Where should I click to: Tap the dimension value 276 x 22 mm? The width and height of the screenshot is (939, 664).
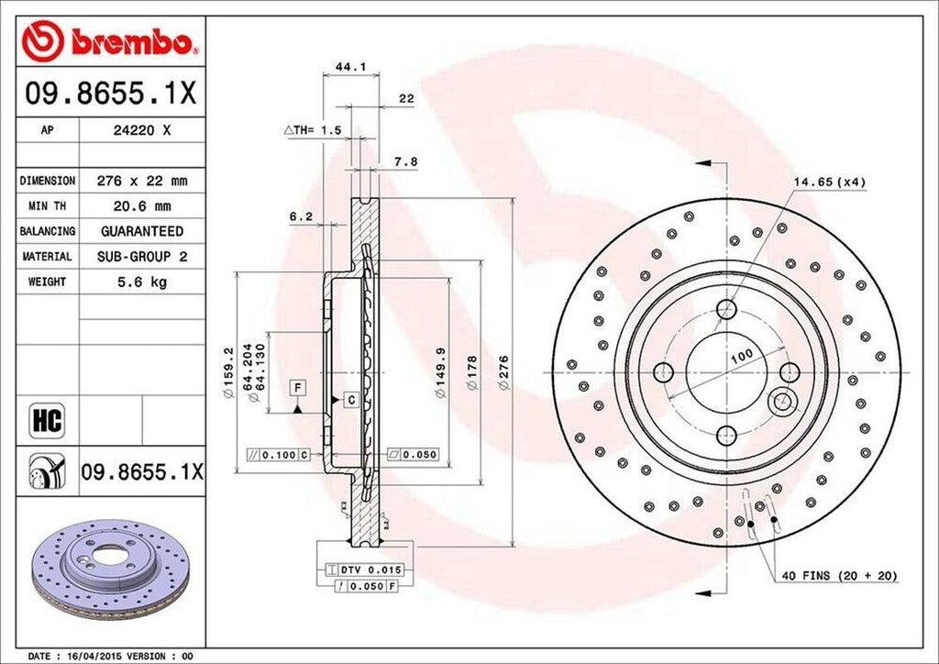141,182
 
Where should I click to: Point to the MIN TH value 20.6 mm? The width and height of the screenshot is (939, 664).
141,206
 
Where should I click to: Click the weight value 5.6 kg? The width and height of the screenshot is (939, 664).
141,282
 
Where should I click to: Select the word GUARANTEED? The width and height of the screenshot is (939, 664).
141,231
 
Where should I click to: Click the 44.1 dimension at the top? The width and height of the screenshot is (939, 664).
345,67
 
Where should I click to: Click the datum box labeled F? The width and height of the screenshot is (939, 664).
297,387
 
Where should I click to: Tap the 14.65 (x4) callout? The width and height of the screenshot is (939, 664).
829,183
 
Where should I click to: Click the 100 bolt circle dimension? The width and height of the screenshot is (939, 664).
740,355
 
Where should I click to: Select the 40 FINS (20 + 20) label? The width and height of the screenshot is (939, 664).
838,576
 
